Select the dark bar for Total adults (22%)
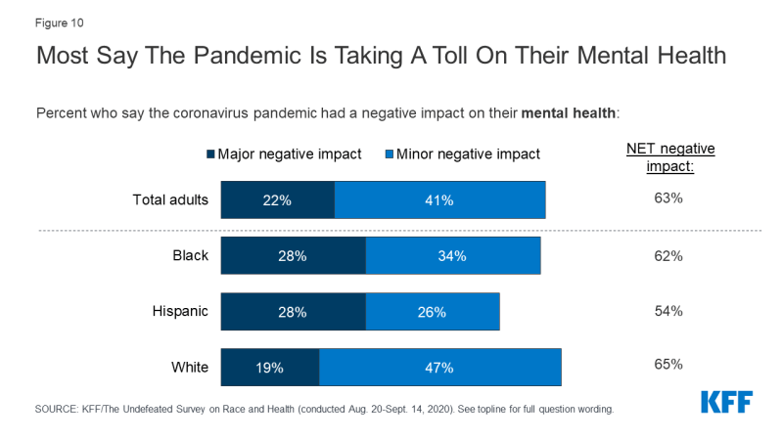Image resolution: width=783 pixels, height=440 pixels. (x=278, y=200)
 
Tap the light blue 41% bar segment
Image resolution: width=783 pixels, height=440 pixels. (x=439, y=200)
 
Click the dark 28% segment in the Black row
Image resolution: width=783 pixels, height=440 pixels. (x=293, y=256)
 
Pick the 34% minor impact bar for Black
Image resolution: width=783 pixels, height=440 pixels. (x=452, y=256)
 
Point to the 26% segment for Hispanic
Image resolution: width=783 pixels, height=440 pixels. (x=432, y=312)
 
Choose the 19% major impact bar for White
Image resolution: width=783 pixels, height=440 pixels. (x=270, y=368)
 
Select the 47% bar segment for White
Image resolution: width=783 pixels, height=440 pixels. (x=439, y=368)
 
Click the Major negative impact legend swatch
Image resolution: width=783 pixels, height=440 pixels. (x=209, y=154)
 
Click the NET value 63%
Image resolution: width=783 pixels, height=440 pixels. (x=669, y=199)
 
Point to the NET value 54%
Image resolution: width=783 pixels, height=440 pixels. (x=669, y=311)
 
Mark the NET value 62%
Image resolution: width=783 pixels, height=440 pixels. (x=669, y=256)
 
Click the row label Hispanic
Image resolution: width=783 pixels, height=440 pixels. (x=181, y=312)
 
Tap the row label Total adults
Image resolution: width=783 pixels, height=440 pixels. (x=170, y=200)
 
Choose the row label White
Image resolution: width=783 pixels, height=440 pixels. (x=190, y=368)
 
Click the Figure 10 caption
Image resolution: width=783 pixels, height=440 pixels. (x=58, y=20)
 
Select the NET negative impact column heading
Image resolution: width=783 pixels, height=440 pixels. (x=670, y=156)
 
